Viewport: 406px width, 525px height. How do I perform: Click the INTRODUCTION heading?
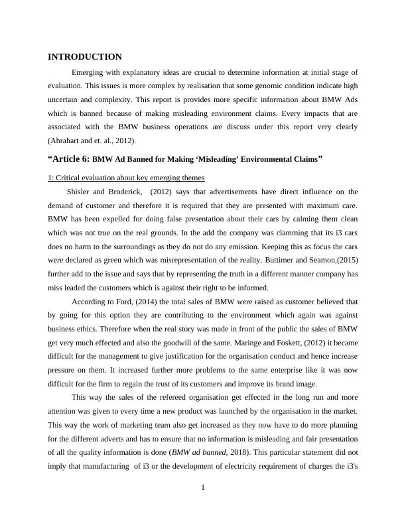[x=85, y=57]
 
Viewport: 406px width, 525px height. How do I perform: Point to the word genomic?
[x=271, y=86]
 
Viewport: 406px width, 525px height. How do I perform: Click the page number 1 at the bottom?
[x=203, y=489]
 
